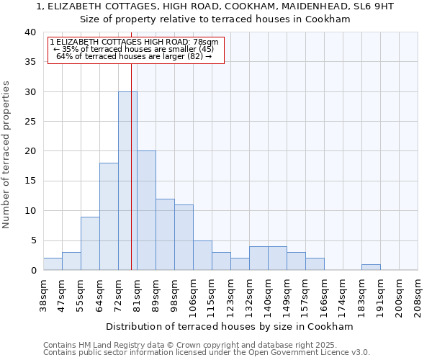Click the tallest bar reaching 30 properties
[127, 181]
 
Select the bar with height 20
[146, 210]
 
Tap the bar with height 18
[109, 216]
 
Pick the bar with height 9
[90, 243]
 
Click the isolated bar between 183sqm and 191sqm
[371, 267]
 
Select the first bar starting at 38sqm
[53, 264]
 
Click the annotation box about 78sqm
[136, 49]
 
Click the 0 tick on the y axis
[32, 270]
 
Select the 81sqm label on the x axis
[137, 292]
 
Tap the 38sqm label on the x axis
[43, 292]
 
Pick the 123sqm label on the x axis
[230, 292]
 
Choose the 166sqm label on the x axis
[324, 292]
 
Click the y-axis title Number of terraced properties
[6, 154]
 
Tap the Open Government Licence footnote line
[207, 353]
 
